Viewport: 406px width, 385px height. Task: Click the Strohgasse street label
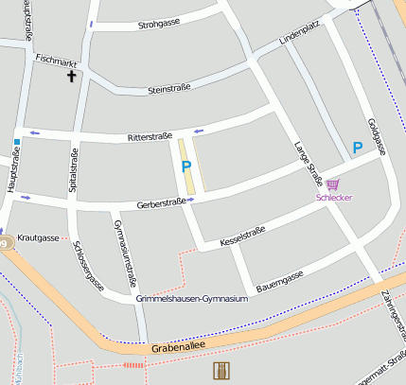[x=160, y=25]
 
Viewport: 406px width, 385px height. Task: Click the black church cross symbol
[x=71, y=76]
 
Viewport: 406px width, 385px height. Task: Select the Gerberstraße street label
[x=161, y=203]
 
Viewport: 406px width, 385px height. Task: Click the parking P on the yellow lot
[x=186, y=166]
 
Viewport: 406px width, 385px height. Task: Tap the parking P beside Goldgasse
[x=357, y=147]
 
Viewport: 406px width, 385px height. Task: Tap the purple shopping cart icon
[x=332, y=184]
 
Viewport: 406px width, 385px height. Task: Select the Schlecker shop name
[x=334, y=198]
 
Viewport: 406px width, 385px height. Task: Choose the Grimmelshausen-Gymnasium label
[x=192, y=299]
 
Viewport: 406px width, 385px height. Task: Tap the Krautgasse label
[x=39, y=237]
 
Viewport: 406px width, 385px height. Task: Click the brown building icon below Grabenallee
[x=221, y=370]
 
